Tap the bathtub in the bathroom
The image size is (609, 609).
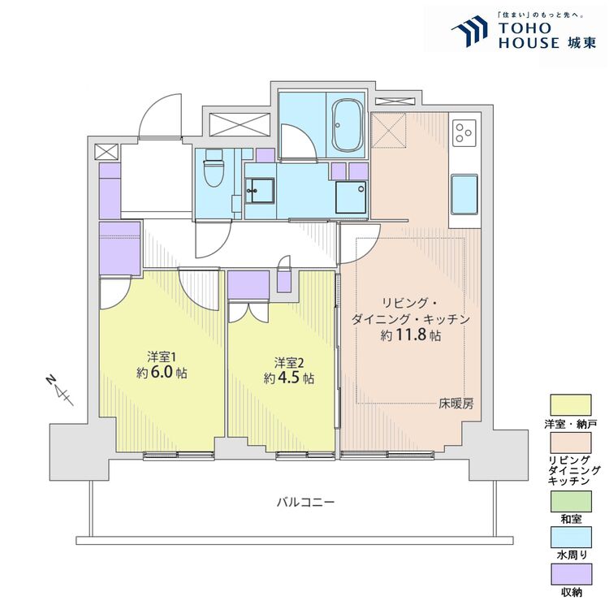(348, 126)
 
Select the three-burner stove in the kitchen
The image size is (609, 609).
(464, 133)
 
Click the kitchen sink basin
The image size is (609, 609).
(464, 194)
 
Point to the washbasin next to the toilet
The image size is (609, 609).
(260, 190)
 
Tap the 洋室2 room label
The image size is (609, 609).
(289, 363)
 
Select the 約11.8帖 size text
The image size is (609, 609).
(411, 335)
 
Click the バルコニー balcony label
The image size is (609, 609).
(305, 503)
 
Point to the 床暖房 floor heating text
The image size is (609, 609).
(456, 404)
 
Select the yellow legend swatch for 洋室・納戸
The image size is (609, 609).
(571, 405)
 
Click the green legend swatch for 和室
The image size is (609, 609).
(571, 502)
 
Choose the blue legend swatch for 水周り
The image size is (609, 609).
(571, 538)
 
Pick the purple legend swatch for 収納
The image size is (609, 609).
(571, 574)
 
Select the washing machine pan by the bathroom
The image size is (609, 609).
(351, 197)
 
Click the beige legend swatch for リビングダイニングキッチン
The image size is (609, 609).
(571, 443)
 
